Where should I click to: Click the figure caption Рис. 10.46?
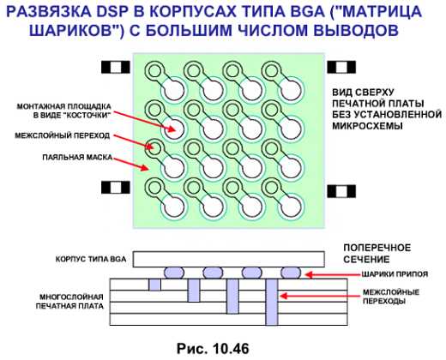(213, 348)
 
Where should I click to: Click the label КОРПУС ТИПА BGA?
(91, 259)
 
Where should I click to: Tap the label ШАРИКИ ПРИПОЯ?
(395, 274)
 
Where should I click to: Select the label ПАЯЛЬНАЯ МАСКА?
(77, 157)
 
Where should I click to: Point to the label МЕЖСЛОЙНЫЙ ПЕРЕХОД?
(63, 135)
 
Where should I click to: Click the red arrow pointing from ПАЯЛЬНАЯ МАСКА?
(130, 164)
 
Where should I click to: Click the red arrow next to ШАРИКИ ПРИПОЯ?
(332, 274)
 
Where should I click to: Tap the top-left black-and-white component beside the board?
(116, 68)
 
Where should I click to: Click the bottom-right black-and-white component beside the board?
(341, 191)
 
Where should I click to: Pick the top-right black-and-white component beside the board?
(341, 68)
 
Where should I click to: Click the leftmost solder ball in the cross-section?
(174, 273)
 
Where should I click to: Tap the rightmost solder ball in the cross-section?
(291, 273)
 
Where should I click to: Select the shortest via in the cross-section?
(154, 285)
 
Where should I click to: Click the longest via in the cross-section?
(272, 303)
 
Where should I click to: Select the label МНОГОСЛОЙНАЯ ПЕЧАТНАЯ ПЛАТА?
(69, 302)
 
